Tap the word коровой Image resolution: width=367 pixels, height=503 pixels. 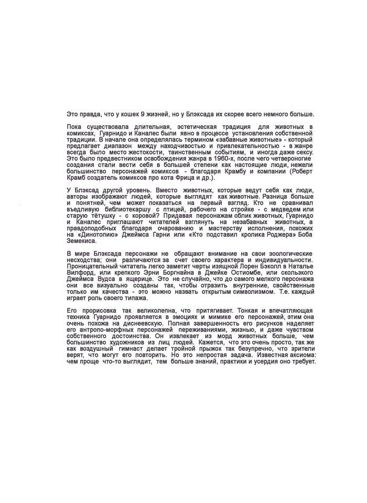pyautogui.click(x=146, y=216)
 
